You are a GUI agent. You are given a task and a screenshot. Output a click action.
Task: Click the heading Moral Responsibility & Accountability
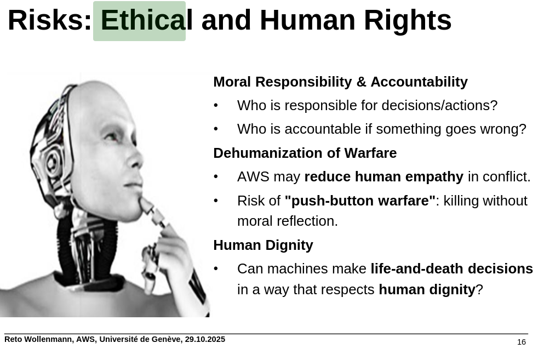pos(340,82)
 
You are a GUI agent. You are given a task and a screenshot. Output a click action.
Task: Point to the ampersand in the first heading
pos(361,82)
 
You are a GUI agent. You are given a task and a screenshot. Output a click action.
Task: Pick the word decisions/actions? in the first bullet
pos(439,106)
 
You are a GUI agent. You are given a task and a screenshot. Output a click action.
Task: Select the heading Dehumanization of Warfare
pos(305,153)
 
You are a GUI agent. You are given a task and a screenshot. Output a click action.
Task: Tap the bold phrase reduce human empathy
pos(383,176)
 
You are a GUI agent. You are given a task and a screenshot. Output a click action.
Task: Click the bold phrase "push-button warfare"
pos(360,201)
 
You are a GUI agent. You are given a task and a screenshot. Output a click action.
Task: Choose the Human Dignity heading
pos(264,245)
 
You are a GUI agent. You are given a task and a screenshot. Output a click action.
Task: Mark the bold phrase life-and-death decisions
pos(452,268)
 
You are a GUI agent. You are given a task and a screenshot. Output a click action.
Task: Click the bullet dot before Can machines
pos(216,268)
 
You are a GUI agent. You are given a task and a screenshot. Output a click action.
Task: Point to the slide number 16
pos(522,342)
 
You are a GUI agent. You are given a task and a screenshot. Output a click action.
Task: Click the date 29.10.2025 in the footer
pos(205,339)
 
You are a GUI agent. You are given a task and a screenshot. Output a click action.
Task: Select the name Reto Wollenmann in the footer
pos(38,340)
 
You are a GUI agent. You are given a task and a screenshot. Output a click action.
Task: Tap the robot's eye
pos(112,136)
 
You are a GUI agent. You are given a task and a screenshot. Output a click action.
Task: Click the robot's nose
pos(135,159)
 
